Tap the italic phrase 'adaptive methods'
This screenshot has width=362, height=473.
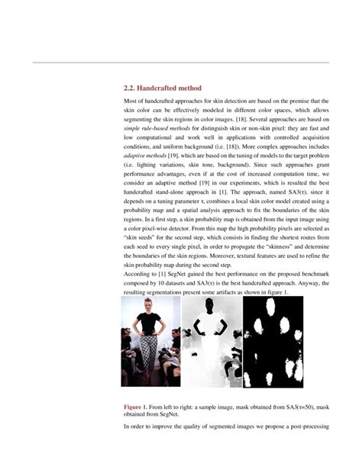point(145,156)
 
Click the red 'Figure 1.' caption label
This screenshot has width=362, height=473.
point(138,408)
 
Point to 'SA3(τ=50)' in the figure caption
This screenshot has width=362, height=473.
point(289,408)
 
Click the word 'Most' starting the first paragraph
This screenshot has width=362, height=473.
point(131,101)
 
